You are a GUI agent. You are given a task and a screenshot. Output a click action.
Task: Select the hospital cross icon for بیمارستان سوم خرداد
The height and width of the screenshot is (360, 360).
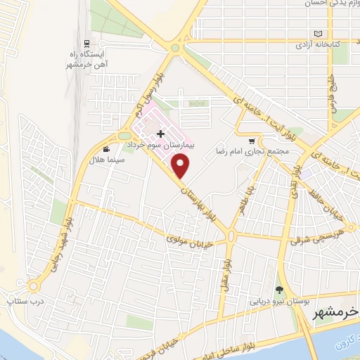(x=160, y=133)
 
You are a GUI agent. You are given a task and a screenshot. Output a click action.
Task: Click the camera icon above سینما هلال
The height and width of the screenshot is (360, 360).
(x=106, y=149)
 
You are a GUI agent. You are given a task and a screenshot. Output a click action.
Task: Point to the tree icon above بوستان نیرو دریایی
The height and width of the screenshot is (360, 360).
(x=279, y=290)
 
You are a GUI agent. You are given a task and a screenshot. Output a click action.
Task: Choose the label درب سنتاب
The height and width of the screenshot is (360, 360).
(x=20, y=301)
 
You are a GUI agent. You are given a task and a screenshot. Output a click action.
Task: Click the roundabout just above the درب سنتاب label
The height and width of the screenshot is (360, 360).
(x=34, y=286)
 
